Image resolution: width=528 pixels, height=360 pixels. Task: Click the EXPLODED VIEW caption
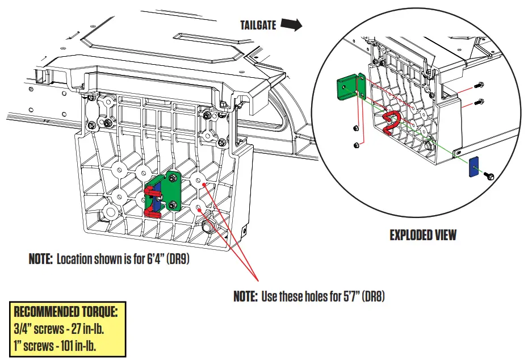pyautogui.click(x=422, y=235)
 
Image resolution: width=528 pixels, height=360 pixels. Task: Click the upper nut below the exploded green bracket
pyautogui.click(x=355, y=127)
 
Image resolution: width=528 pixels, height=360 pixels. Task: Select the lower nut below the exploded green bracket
pyautogui.click(x=357, y=145)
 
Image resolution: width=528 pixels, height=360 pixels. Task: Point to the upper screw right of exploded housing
pyautogui.click(x=478, y=85)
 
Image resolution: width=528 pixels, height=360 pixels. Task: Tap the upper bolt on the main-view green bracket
pyautogui.click(x=173, y=181)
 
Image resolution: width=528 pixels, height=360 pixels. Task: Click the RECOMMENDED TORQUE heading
pyautogui.click(x=65, y=312)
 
